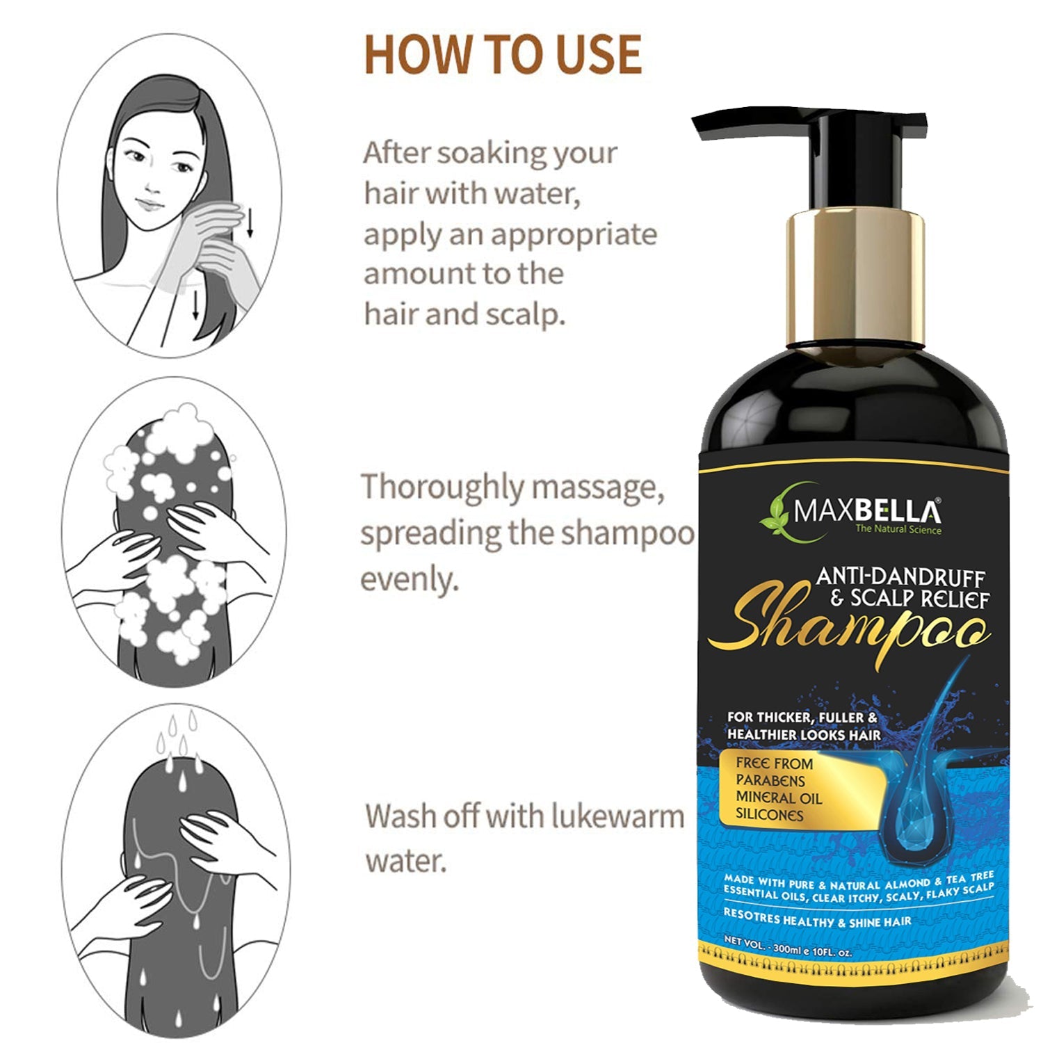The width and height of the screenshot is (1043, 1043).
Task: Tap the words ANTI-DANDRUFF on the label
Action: pos(900,577)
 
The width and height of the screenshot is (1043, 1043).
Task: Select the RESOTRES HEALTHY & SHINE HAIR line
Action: pos(817,918)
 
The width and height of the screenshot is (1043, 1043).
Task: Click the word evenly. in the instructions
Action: pos(410,579)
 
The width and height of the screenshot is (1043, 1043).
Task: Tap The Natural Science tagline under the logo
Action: pos(898,530)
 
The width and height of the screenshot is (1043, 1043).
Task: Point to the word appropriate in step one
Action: pos(574,236)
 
